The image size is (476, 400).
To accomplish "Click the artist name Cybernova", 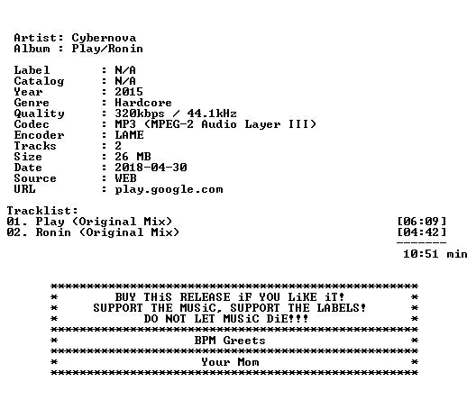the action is click(x=104, y=38).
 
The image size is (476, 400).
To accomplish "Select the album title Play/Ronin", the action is click(x=107, y=49).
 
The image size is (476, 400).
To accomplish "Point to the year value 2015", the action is click(x=129, y=92).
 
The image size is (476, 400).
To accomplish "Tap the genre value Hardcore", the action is click(x=143, y=103).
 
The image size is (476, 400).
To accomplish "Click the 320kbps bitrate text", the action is click(x=140, y=114).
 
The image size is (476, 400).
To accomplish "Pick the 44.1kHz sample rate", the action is click(x=212, y=114).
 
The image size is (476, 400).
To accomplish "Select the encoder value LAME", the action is click(x=129, y=135).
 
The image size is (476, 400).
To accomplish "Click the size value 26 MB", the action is click(x=133, y=157).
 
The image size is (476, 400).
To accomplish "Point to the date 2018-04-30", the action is click(x=151, y=168).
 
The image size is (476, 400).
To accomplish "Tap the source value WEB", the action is click(x=125, y=178).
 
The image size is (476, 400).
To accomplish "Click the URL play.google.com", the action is click(x=169, y=189).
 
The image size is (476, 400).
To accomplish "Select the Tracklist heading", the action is click(x=42, y=211).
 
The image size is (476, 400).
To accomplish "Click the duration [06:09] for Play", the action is click(x=422, y=222).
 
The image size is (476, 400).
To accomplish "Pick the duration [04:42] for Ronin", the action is click(x=422, y=232).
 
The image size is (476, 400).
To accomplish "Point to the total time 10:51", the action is click(x=421, y=254).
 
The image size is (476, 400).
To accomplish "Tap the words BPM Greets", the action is click(x=230, y=341).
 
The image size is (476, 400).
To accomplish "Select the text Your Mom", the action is click(x=230, y=362).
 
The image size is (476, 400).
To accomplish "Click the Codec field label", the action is click(x=32, y=124).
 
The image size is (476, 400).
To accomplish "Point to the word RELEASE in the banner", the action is click(x=205, y=297).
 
